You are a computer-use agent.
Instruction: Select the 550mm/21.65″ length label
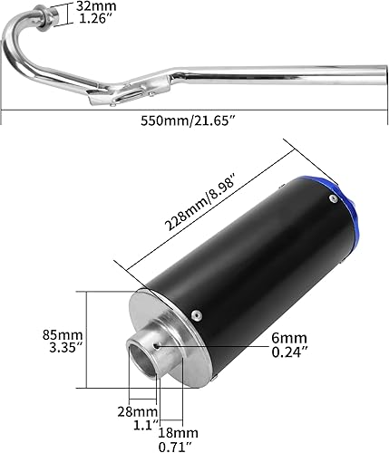(x=195, y=118)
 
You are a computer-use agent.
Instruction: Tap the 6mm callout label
(x=289, y=337)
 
